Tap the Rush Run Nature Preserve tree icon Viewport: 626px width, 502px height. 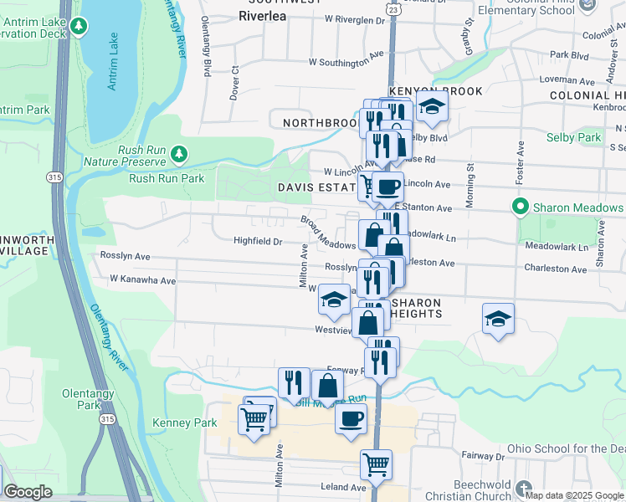[x=177, y=154]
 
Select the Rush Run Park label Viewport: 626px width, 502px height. [x=167, y=178]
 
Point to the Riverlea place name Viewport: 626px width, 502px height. [x=263, y=16]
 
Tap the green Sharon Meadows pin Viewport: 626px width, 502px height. [x=519, y=207]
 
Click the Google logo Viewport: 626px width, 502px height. [x=28, y=492]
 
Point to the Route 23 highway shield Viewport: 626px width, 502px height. [x=393, y=7]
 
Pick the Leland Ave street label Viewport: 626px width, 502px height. [x=343, y=487]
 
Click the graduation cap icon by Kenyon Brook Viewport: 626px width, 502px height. [x=432, y=106]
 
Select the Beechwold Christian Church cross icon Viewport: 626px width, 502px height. [x=524, y=488]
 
